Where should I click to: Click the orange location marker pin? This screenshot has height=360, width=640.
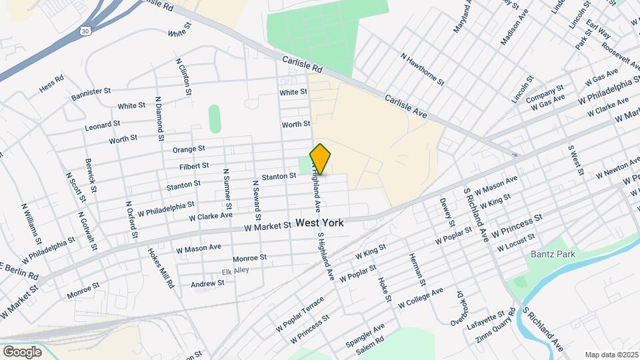(x=321, y=159)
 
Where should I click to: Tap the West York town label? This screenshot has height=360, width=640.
(x=320, y=223)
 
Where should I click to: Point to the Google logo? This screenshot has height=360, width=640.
(x=22, y=351)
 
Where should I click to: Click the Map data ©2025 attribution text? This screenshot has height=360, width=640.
(x=611, y=355)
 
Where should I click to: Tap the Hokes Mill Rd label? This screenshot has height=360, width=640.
(x=161, y=267)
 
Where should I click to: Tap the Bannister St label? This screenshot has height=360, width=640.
(x=91, y=93)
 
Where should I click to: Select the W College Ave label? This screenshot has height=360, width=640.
(x=421, y=298)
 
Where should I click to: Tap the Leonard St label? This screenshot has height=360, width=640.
(x=102, y=125)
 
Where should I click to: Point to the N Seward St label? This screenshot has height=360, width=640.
(x=255, y=200)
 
